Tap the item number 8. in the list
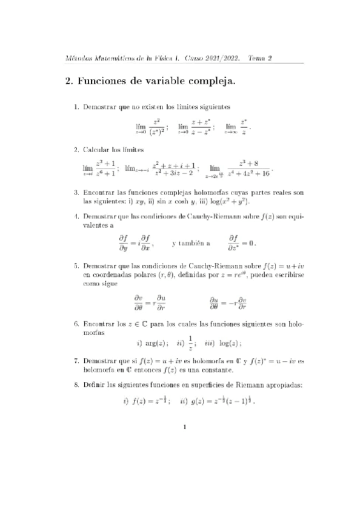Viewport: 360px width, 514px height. [76, 385]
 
